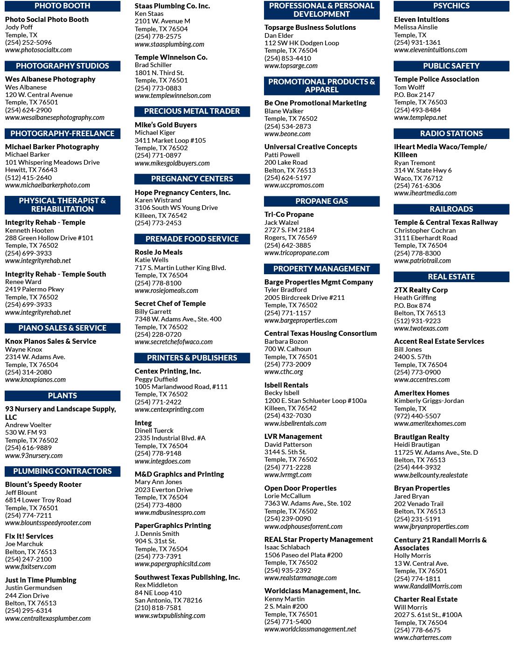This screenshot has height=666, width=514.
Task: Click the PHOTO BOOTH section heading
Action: point(62,6)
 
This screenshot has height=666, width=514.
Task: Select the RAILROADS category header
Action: point(451,209)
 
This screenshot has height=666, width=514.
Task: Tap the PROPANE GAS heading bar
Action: point(321,201)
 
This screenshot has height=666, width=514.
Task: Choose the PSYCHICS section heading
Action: point(451,6)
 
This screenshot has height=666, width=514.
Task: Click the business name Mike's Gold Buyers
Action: point(166,125)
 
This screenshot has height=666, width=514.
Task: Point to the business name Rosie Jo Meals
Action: point(159,252)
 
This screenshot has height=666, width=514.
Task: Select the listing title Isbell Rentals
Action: point(286,385)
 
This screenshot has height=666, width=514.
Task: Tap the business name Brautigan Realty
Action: point(422,437)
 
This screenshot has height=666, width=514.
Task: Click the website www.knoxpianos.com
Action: point(35,380)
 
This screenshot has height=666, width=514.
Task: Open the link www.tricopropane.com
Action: point(296,253)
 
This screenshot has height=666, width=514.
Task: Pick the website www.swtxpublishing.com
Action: point(170,616)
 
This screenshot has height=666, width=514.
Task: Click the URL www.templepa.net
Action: point(420,118)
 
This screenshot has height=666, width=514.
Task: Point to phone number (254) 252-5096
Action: point(28,42)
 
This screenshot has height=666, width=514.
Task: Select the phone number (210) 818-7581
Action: point(158,608)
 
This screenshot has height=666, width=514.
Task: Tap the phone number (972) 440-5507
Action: point(417,416)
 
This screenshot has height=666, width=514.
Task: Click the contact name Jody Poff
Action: point(19,27)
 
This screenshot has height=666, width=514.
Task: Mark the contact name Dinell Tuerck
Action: point(154,430)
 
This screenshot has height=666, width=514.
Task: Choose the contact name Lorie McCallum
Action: point(287,496)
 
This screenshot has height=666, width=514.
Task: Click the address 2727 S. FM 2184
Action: point(289,230)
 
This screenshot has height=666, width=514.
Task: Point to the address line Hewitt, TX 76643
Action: point(31,170)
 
